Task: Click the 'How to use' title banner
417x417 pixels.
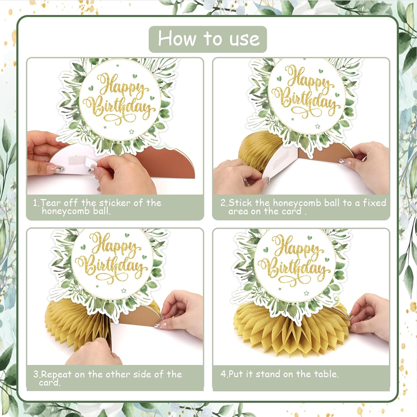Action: pyautogui.click(x=208, y=39)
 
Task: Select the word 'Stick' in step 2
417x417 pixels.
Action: pyautogui.click(x=240, y=203)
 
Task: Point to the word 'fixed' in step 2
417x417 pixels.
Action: pyautogui.click(x=374, y=203)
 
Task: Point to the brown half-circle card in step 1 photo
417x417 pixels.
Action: pyautogui.click(x=170, y=161)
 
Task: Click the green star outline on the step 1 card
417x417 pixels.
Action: pyautogui.click(x=131, y=131)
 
